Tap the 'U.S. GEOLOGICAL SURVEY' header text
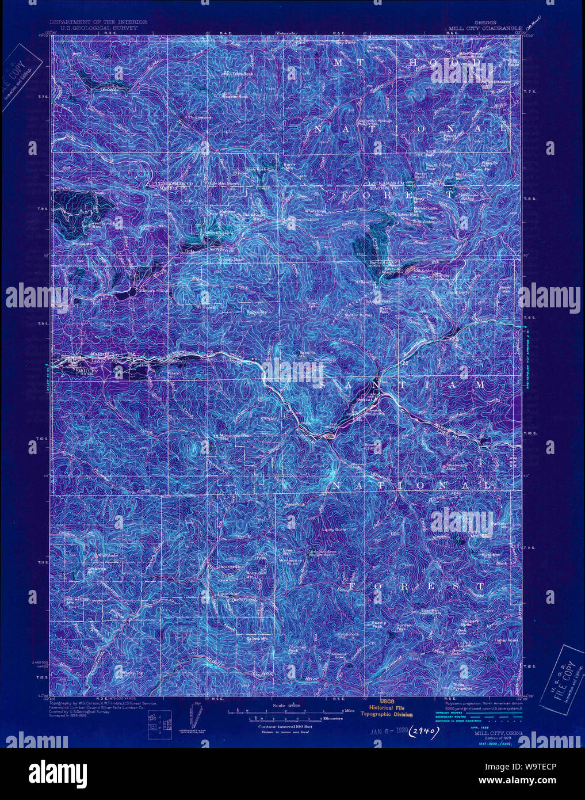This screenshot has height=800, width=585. (98, 27)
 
